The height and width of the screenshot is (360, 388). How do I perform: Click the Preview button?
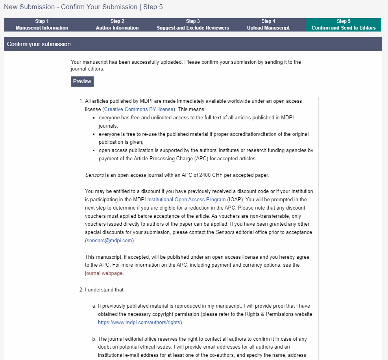tap(82, 82)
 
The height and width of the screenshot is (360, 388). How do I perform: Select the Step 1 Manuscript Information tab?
tap(42, 25)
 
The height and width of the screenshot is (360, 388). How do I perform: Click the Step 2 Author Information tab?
tap(117, 25)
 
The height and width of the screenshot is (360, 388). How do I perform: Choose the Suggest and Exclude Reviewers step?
tap(193, 25)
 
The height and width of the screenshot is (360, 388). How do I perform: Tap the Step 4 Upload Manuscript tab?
tap(268, 25)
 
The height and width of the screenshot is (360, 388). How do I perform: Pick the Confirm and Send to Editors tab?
tap(344, 25)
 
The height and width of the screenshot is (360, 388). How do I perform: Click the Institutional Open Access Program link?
tap(187, 199)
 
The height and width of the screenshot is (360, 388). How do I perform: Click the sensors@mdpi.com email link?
tap(110, 240)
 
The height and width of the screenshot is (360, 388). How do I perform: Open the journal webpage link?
tap(104, 273)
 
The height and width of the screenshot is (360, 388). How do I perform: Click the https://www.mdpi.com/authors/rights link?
tap(140, 322)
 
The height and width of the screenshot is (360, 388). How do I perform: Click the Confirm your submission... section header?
tap(41, 44)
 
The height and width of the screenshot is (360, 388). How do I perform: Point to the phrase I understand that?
tap(105, 289)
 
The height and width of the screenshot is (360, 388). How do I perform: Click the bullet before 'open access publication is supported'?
tap(94, 150)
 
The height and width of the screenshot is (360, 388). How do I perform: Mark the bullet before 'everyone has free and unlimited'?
tap(94, 118)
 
